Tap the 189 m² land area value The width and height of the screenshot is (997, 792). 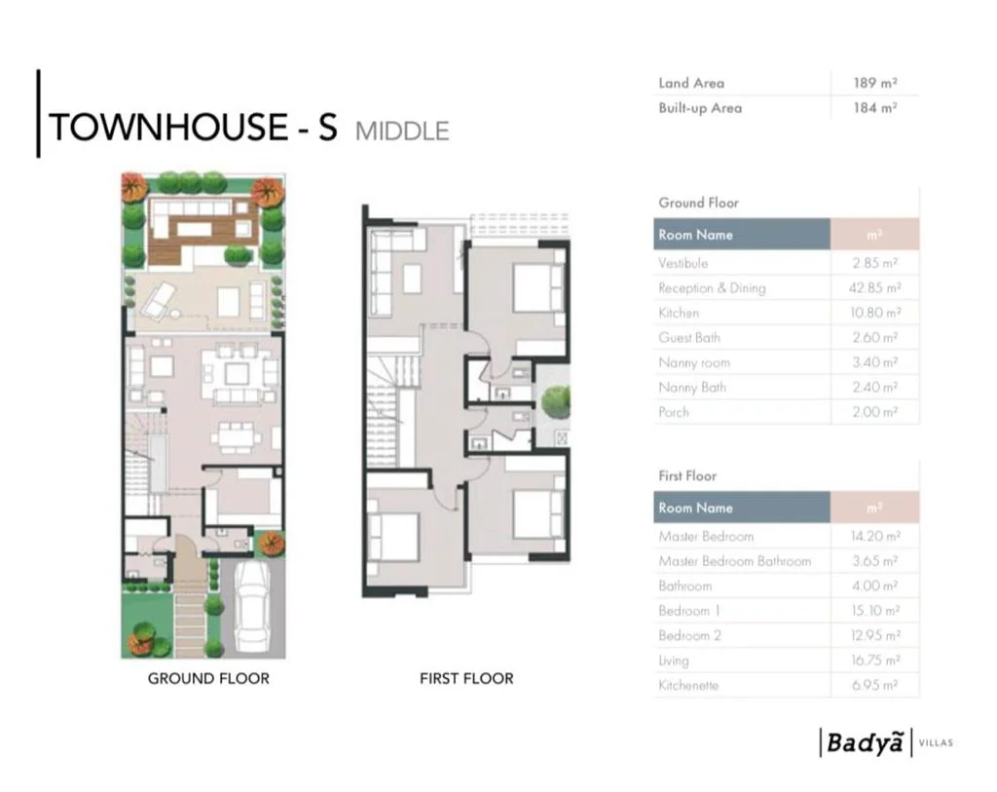[x=875, y=83]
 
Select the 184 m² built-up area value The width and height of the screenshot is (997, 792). [x=875, y=107]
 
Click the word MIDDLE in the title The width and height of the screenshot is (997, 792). [x=402, y=132]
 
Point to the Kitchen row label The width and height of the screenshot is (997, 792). [x=679, y=313]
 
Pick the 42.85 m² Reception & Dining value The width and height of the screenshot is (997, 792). [x=875, y=287]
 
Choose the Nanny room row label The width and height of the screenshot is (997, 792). [x=694, y=362]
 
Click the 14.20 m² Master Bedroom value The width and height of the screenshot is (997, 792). [x=875, y=536]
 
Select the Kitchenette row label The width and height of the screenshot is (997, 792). [x=688, y=685]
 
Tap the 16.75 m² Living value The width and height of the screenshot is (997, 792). [x=875, y=660]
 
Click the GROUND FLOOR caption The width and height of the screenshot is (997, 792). [x=208, y=679]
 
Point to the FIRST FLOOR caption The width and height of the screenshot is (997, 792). [x=466, y=679]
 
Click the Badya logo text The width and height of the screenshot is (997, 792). [x=865, y=742]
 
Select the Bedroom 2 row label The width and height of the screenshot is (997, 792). [x=690, y=635]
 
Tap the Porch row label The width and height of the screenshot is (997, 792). [x=674, y=412]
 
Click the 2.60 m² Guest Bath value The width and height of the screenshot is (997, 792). [x=875, y=337]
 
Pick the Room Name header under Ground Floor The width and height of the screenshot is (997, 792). [x=695, y=235]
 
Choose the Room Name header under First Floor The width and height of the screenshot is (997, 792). [x=695, y=508]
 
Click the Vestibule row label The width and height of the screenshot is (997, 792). [x=683, y=263]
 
